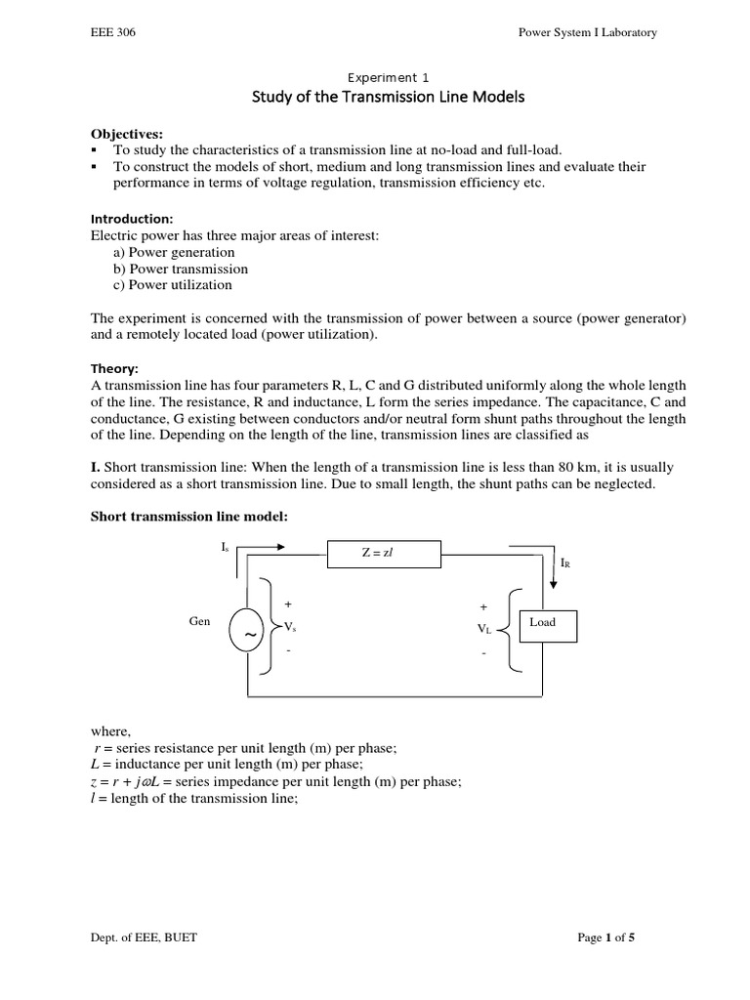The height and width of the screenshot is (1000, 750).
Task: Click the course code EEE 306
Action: coord(112,32)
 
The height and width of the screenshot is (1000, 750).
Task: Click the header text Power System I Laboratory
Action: coord(587,32)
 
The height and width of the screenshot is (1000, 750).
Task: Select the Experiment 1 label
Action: coord(388,77)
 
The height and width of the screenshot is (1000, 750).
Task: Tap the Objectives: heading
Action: coord(128,133)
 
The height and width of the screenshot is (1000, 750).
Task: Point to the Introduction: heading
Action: coord(131,220)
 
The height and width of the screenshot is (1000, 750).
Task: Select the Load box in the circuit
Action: coord(542,623)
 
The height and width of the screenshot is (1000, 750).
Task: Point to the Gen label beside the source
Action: coord(199,621)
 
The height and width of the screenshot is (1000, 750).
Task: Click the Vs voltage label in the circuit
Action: coord(290,625)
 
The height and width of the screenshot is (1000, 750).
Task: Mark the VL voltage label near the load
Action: coord(484,629)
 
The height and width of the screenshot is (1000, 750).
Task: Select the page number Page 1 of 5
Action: coord(606,938)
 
